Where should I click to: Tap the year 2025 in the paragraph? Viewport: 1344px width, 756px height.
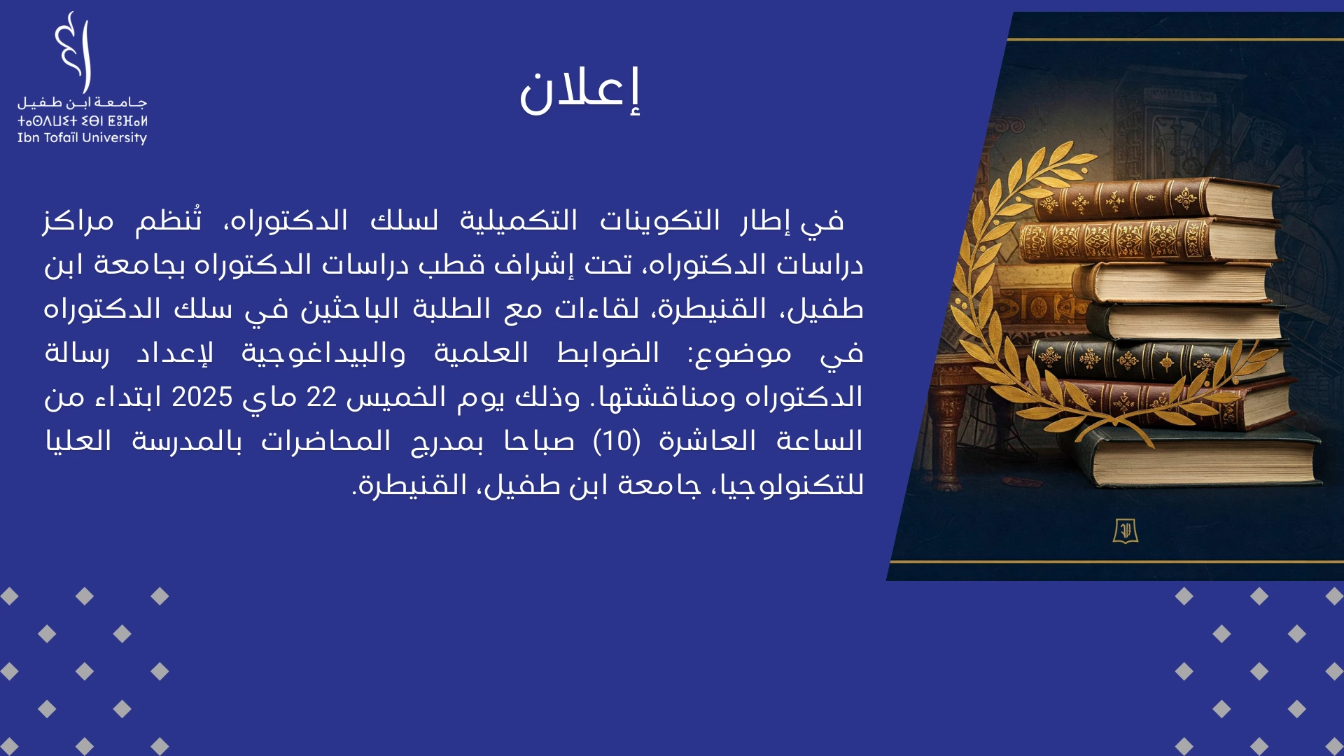point(202,397)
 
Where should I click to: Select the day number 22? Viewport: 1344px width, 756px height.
point(322,397)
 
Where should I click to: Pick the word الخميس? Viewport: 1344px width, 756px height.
point(396,397)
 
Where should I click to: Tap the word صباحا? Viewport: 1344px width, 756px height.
point(540,441)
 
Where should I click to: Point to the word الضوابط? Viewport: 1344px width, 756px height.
point(608,352)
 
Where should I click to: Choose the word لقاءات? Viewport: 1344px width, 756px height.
point(597,308)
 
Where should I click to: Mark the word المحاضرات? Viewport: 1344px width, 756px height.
point(326,441)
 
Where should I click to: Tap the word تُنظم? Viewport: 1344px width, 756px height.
point(169,220)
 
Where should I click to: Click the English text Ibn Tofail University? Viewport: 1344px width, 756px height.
point(82,138)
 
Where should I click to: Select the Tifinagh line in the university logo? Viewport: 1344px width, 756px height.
point(82,120)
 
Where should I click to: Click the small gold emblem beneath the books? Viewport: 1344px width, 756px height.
point(1126,531)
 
